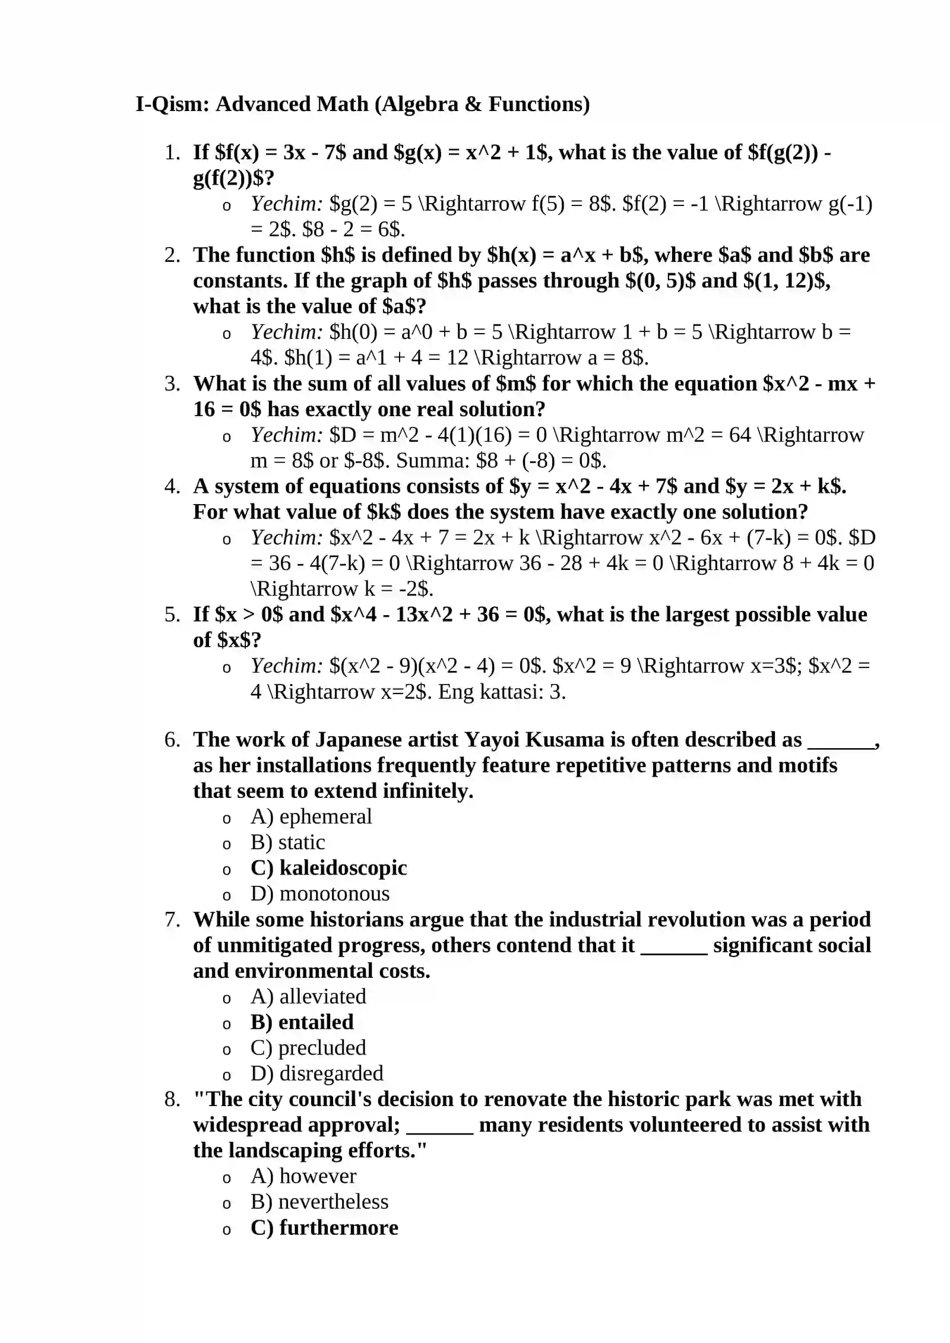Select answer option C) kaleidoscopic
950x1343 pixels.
pyautogui.click(x=328, y=868)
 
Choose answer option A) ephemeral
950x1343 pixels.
pyautogui.click(x=311, y=817)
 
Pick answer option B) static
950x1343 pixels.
pyautogui.click(x=287, y=842)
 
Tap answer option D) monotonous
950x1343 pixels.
pyautogui.click(x=320, y=894)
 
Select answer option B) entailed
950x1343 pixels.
pyautogui.click(x=302, y=1022)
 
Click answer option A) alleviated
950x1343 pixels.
pyautogui.click(x=308, y=996)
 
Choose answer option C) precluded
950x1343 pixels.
pyautogui.click(x=308, y=1047)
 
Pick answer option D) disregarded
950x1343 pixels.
pyautogui.click(x=316, y=1073)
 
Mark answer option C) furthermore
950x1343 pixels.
pyautogui.click(x=324, y=1227)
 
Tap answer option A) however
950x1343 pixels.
pyautogui.click(x=303, y=1176)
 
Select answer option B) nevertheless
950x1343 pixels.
pyautogui.click(x=319, y=1201)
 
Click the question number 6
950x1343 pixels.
pyautogui.click(x=172, y=740)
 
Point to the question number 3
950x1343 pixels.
pyautogui.click(x=172, y=384)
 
